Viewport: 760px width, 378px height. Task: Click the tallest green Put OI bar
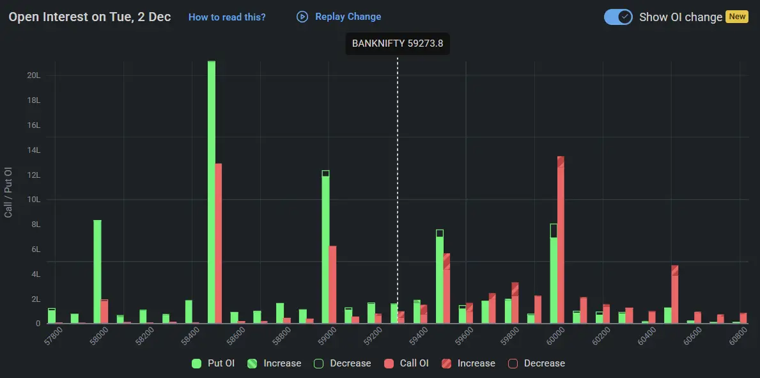[x=212, y=192]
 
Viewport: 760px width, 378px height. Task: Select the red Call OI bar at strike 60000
[x=561, y=240]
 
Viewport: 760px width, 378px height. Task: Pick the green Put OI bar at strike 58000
[x=97, y=271]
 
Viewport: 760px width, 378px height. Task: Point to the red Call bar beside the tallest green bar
[x=219, y=243]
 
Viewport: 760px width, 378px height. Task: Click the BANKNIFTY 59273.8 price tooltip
[x=398, y=44]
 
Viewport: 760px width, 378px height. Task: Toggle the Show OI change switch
[x=618, y=17]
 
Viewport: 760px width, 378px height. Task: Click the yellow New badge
[x=737, y=17]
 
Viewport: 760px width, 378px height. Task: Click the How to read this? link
[x=227, y=17]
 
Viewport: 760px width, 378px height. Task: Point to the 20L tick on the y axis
[x=33, y=75]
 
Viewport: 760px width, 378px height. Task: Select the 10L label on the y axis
[x=33, y=200]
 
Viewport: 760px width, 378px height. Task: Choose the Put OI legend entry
[x=214, y=363]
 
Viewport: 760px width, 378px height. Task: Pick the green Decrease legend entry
[x=343, y=363]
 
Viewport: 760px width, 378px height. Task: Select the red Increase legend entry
[x=469, y=363]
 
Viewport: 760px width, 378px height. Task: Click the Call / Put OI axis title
[x=9, y=193]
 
